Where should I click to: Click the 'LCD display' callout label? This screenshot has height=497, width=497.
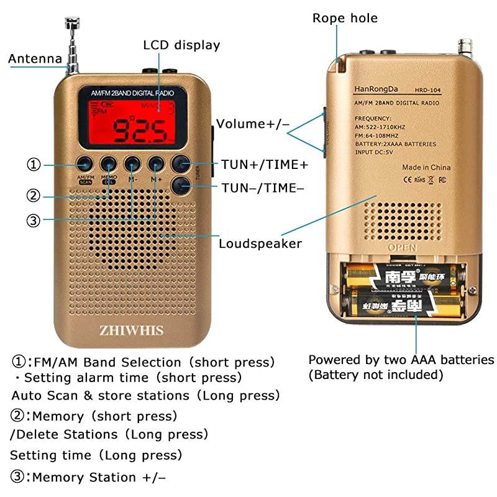pos(181,45)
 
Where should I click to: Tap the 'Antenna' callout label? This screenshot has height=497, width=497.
pos(35,59)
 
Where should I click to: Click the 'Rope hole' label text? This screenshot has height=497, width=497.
pos(345,18)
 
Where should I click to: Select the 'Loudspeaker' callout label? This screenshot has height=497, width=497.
pos(260,243)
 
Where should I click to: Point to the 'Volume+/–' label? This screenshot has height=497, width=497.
pos(253,124)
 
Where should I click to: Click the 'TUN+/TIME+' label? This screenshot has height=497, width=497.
pos(265,165)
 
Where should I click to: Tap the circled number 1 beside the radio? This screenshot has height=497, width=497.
pos(34,165)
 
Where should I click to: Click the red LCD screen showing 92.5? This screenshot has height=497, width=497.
pos(130,122)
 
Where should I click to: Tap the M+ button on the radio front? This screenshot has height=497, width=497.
pos(156,164)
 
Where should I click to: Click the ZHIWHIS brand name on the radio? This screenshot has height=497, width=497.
pos(131,330)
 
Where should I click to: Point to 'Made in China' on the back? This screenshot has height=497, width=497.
pos(426,167)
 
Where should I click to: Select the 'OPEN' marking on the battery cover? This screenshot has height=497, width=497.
pos(402,248)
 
